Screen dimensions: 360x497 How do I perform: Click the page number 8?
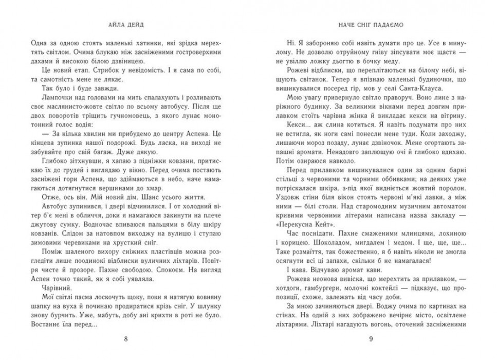click(x=126, y=339)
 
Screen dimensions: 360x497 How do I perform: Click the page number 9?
click(x=371, y=339)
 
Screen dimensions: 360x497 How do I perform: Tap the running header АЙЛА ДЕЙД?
click(x=126, y=24)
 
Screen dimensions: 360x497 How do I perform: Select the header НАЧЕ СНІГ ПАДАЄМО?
click(x=370, y=24)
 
